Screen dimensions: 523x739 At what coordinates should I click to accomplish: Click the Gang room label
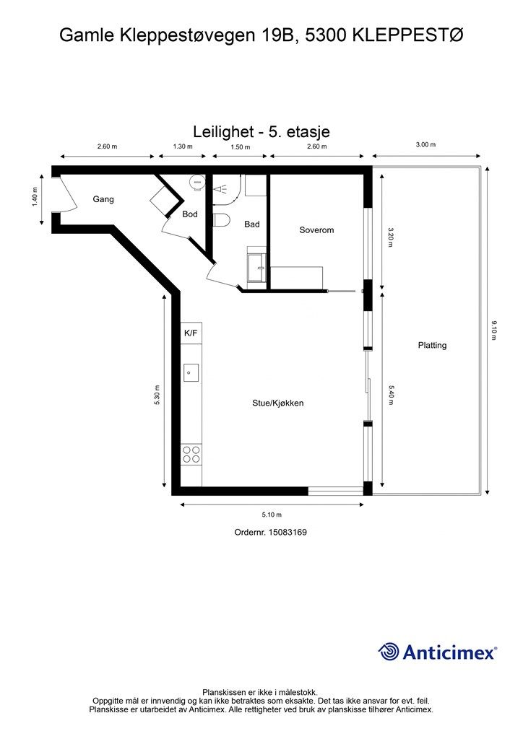[x=103, y=199]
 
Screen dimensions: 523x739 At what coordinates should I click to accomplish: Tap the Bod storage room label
[x=190, y=214]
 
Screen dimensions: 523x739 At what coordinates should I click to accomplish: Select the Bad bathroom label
[x=252, y=225]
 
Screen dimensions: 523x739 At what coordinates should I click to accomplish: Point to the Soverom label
[x=316, y=230]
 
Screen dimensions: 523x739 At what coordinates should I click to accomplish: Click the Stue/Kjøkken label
[x=278, y=403]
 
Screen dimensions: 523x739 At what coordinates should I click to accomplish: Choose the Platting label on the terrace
[x=432, y=346]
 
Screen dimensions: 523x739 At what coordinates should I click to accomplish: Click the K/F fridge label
[x=191, y=333]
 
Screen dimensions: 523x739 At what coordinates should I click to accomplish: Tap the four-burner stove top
[x=191, y=455]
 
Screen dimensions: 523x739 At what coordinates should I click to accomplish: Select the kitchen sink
[x=191, y=373]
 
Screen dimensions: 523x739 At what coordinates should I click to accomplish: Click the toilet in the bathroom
[x=221, y=220]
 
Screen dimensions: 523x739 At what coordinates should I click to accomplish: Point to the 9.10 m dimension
[x=494, y=331]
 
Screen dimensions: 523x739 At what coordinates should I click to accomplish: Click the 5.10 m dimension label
[x=272, y=515]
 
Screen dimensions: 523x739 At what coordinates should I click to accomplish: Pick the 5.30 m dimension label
[x=157, y=395]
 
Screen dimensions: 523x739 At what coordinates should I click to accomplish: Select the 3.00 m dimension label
[x=426, y=144]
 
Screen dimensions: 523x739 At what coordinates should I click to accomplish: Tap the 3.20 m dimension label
[x=390, y=237]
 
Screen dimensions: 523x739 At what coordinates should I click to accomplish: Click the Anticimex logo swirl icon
[x=389, y=652]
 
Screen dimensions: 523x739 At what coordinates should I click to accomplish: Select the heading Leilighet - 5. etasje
[x=261, y=131]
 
